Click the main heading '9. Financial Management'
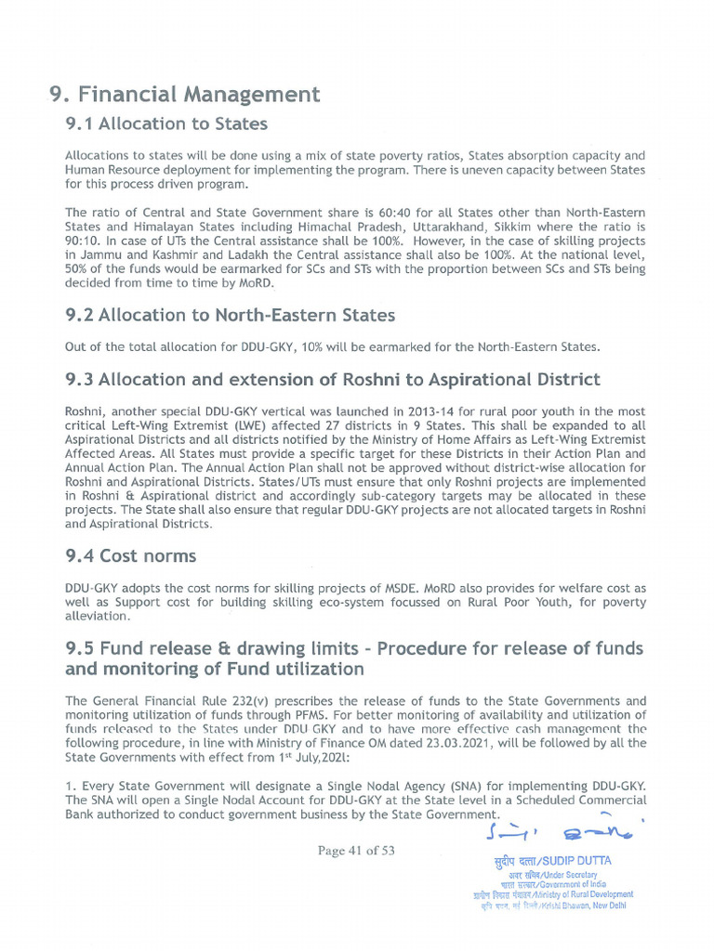(x=184, y=95)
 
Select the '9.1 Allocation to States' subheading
(x=166, y=124)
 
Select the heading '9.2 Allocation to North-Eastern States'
(x=230, y=315)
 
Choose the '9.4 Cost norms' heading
(x=130, y=556)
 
